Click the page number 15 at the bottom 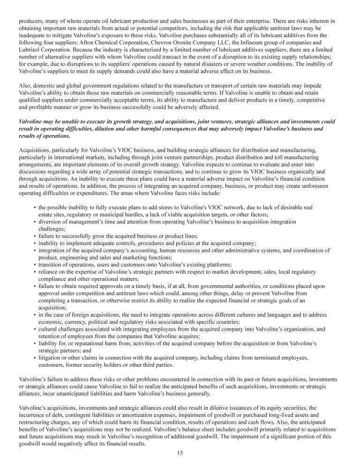pos(180,453)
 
